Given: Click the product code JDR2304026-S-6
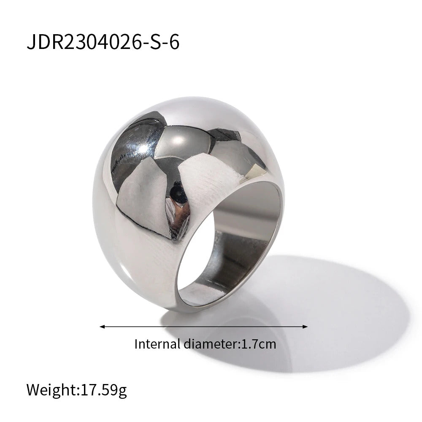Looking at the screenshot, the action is point(103,42).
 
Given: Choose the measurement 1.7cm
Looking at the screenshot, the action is point(259,344).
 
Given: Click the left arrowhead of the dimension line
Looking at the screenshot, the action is point(102,327).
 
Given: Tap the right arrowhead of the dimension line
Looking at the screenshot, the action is point(305,327).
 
